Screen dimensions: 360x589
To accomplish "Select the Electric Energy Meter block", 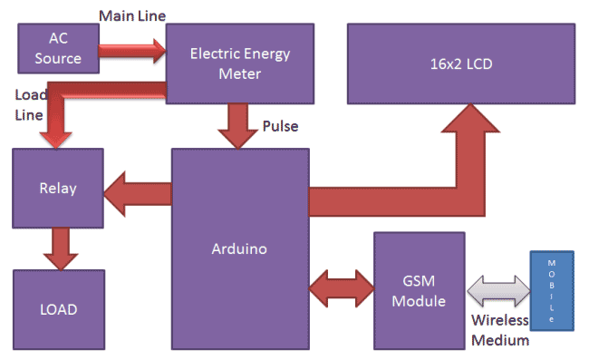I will click(239, 63).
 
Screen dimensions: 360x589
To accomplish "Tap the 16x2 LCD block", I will click(461, 63).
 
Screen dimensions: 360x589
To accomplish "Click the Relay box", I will click(58, 189).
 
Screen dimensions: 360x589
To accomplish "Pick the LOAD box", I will click(58, 308).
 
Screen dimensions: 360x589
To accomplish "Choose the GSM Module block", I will click(419, 290).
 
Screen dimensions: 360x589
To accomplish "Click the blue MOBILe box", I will click(549, 290).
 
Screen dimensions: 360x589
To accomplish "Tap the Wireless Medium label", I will click(499, 330).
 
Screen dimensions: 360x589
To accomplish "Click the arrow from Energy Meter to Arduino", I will click(240, 125).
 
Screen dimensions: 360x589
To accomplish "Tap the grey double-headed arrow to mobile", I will click(497, 291).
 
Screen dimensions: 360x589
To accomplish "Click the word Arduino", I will click(239, 248).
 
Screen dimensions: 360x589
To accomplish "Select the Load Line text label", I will click(28, 104).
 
